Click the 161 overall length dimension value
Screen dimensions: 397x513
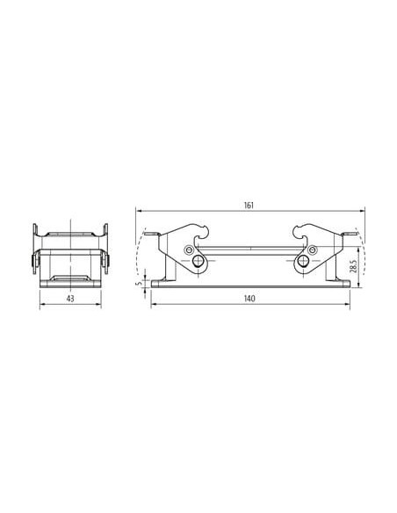pos(249,206)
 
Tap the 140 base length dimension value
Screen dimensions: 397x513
pos(249,299)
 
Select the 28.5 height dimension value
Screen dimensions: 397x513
pos(353,265)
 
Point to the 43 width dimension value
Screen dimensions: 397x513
pos(70,299)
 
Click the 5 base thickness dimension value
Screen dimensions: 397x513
pos(141,283)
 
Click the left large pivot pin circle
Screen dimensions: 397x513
pos(198,261)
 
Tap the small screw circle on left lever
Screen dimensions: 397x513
pos(188,250)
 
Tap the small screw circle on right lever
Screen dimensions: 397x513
pos(314,250)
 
